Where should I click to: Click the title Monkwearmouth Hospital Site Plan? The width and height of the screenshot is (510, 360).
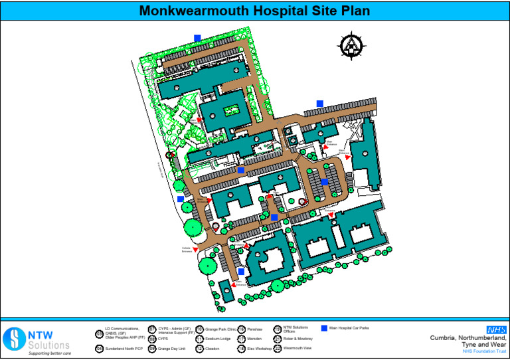click(254, 11)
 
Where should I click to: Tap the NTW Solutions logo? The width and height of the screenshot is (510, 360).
click(36, 339)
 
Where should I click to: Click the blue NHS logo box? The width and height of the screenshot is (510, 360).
click(495, 329)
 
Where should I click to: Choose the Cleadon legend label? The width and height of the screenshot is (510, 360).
click(212, 348)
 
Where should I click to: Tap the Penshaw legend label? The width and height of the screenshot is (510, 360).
click(255, 329)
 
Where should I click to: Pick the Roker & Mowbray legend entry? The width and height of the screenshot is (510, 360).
click(297, 338)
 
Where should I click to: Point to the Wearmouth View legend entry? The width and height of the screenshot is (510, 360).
click(297, 348)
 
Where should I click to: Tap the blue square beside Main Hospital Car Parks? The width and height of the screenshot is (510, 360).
click(324, 328)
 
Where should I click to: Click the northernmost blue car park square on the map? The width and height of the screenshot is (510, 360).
click(197, 38)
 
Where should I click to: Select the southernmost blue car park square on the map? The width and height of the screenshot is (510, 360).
click(241, 271)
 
